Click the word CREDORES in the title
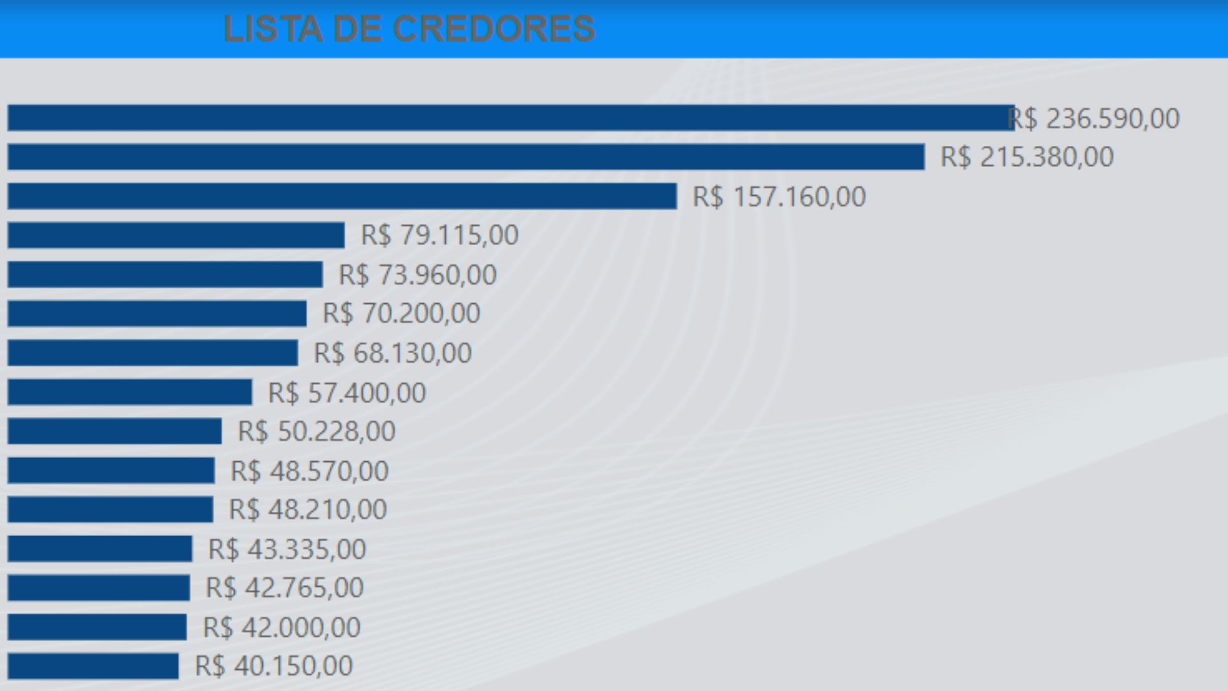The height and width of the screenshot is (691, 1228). click(x=493, y=29)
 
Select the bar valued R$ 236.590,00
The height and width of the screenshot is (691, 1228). click(x=510, y=118)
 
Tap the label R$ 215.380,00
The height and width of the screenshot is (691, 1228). click(x=1027, y=157)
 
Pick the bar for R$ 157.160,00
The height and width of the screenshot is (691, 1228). click(x=342, y=196)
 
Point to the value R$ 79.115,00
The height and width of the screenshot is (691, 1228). click(x=439, y=235)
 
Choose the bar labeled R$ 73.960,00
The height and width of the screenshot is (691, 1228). click(x=165, y=274)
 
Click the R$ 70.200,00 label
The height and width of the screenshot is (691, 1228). click(x=401, y=314)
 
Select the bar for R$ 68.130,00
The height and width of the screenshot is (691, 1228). click(x=153, y=353)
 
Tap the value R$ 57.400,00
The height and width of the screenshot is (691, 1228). click(x=347, y=392)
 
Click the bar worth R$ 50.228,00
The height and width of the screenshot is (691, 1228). click(x=114, y=431)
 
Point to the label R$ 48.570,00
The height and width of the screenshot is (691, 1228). click(x=310, y=471)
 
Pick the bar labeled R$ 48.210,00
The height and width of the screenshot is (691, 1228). click(x=111, y=509)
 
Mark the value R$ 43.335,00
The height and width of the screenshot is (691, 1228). click(x=287, y=549)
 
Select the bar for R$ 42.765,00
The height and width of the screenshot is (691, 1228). click(x=99, y=587)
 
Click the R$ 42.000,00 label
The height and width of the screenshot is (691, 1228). click(x=281, y=627)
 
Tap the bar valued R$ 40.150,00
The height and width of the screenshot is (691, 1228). click(x=93, y=666)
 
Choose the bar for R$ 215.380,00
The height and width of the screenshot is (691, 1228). click(x=466, y=157)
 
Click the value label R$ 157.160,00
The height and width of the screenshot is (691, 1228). click(x=779, y=196)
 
